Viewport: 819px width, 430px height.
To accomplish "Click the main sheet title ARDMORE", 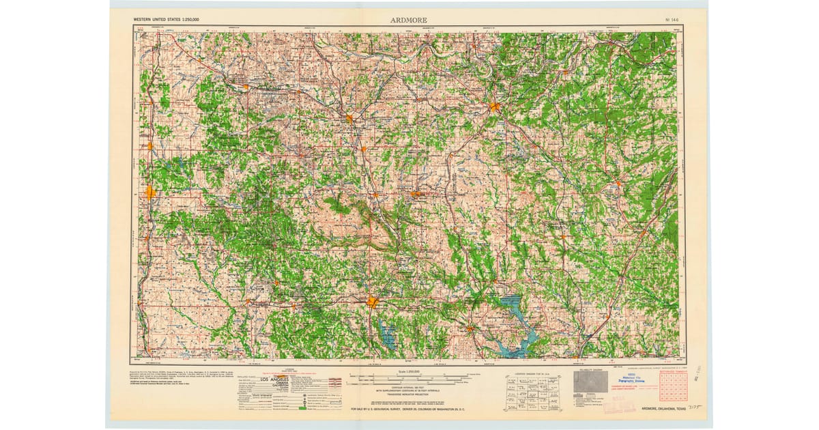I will pos(409,20).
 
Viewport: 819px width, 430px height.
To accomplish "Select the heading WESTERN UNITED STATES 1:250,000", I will pos(168,20).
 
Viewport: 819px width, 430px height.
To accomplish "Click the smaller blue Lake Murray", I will pos(388,334).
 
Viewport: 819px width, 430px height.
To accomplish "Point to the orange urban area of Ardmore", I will pos(373,301).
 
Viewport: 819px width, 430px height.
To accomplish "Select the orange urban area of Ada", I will pos(494,106).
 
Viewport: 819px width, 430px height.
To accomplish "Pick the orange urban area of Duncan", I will pos(150,192).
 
